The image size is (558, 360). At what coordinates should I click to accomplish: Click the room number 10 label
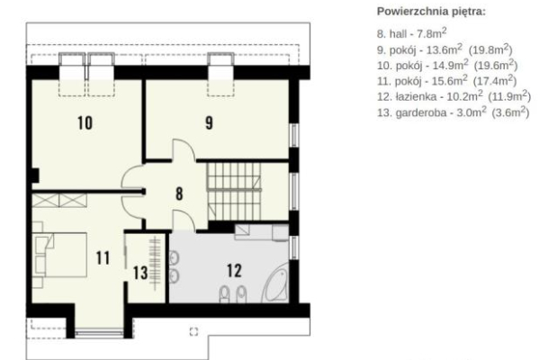85,123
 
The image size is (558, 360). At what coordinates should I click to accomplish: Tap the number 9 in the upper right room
209,123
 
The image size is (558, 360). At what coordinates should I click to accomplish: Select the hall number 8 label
179,193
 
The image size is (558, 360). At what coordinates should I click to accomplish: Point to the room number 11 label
103,258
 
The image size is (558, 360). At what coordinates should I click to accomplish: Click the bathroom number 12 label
234,271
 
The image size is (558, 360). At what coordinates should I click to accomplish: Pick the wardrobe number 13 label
140,274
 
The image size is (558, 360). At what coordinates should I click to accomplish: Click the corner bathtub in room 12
275,286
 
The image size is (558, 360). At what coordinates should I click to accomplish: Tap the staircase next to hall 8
234,192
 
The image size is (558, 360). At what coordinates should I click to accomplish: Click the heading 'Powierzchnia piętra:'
431,12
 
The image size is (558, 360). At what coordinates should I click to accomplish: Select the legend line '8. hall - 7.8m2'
411,33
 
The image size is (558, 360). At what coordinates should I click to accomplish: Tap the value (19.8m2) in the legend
490,49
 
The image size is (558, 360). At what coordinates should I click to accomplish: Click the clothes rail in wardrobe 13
155,263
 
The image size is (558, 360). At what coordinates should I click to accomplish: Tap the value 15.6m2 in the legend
450,81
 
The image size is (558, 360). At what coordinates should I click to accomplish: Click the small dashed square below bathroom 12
193,331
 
